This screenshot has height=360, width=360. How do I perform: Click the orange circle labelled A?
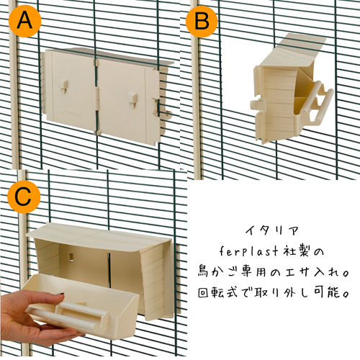[x=25, y=21]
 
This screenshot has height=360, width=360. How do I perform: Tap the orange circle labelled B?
[x=202, y=21]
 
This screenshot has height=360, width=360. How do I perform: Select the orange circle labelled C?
[x=24, y=197]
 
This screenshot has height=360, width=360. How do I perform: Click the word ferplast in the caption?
[x=248, y=251]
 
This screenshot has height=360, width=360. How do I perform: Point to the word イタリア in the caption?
[x=272, y=231]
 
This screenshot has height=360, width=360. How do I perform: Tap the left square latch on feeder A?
[x=64, y=87]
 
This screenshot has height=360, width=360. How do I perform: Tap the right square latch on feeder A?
[x=132, y=99]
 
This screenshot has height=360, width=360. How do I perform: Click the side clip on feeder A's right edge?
[x=156, y=106]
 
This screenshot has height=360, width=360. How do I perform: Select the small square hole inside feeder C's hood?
[x=71, y=256]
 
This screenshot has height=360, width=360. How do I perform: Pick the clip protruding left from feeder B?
[x=258, y=103]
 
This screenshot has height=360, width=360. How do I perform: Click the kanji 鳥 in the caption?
[x=204, y=271]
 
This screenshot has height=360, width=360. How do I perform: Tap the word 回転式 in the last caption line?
[x=218, y=292]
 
